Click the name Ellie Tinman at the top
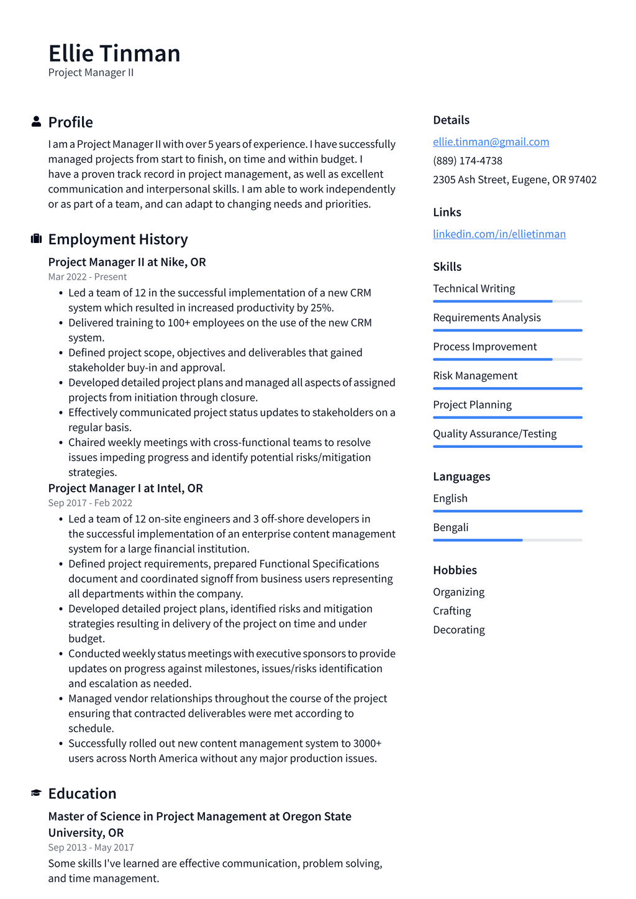coord(114,54)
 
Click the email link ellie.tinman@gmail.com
coord(491,142)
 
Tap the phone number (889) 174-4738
coord(468,160)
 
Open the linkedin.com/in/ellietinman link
coord(499,234)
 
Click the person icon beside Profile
coord(36,122)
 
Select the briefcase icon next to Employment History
coord(36,239)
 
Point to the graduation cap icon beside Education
coord(36,793)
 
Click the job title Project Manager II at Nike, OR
coord(127,262)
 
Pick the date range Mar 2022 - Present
coord(87,276)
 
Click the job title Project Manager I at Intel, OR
coord(125,488)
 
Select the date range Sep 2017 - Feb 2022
coord(90,503)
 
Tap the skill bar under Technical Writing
coord(507,301)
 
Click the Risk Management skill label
coord(475,375)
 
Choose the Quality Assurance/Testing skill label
coord(494,433)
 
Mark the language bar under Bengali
coord(507,540)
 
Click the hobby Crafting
coord(452,611)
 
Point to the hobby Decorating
coord(458,629)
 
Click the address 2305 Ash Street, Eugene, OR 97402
coord(514,180)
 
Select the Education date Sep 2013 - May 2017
coord(91,847)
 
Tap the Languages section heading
coord(461,477)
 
